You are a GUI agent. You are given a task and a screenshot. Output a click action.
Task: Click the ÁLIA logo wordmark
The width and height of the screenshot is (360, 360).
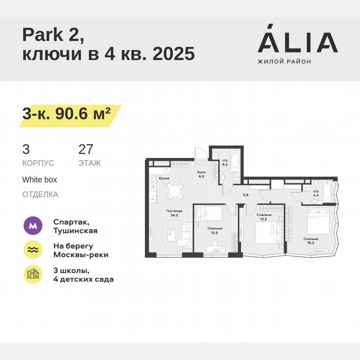click(x=297, y=42)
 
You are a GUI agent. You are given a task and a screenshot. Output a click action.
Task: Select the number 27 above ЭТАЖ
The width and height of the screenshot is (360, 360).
click(x=86, y=150)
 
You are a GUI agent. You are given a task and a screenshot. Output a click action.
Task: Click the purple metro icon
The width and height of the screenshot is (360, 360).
click(x=33, y=226)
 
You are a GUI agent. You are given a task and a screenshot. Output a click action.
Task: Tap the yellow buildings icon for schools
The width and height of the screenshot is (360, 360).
click(x=33, y=274)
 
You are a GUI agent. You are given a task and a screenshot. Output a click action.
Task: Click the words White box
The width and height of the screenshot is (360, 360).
click(x=40, y=180)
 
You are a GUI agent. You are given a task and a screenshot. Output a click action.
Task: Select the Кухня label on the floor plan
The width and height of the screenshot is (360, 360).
click(x=164, y=179)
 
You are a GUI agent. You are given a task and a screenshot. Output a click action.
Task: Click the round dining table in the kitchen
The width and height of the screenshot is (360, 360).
click(x=175, y=192)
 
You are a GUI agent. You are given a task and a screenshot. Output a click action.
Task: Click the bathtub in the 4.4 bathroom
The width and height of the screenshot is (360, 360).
click(x=327, y=191)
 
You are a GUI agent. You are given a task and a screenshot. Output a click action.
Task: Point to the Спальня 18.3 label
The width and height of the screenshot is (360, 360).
click(x=311, y=241)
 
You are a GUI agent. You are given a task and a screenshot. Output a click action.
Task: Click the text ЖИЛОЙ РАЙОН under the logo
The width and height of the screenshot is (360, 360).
click(x=284, y=62)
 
